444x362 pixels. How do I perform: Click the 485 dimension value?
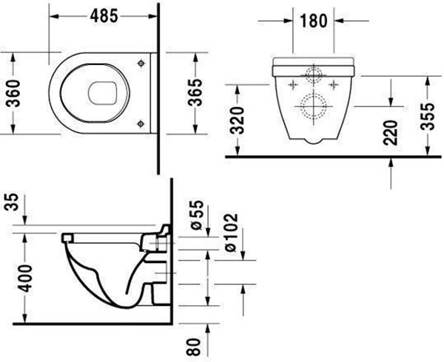104,16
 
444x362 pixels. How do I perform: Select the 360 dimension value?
13,94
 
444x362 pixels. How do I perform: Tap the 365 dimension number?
195,92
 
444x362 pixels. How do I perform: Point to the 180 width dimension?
314,21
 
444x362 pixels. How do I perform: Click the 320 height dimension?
237,120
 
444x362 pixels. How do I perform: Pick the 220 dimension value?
391,133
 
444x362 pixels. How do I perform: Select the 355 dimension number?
427,117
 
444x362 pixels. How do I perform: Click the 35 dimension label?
12,202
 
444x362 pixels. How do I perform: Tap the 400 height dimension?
25,279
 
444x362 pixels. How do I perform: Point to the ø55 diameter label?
197,215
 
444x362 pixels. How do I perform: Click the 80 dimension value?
194,347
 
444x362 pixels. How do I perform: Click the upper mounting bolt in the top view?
141,64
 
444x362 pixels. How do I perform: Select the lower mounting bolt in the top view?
141,123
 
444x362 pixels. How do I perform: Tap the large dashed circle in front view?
314,107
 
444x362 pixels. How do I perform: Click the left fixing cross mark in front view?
293,84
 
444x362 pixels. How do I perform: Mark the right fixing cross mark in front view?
334,84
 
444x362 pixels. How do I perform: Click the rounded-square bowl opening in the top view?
103,93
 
